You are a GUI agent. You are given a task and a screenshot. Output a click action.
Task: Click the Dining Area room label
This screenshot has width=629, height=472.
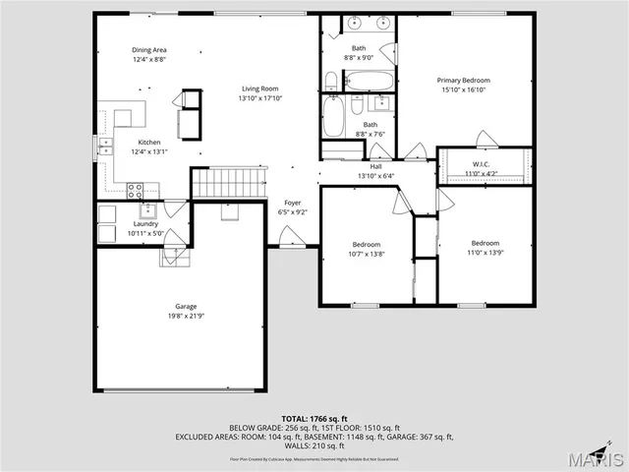tap(148, 50)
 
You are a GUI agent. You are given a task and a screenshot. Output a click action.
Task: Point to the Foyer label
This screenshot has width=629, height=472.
tap(293, 203)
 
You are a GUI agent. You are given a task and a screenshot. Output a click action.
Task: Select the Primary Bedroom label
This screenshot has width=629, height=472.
tap(463, 80)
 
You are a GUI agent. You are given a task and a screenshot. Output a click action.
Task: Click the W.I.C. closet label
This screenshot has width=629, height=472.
tap(481, 164)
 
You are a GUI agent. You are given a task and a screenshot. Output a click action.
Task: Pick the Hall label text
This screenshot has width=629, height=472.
tap(376, 166)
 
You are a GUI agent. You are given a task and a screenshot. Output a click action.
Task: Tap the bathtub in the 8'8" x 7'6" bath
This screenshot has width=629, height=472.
tap(333, 118)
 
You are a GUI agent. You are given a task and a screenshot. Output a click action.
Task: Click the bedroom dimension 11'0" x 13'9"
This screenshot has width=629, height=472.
tap(485, 253)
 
